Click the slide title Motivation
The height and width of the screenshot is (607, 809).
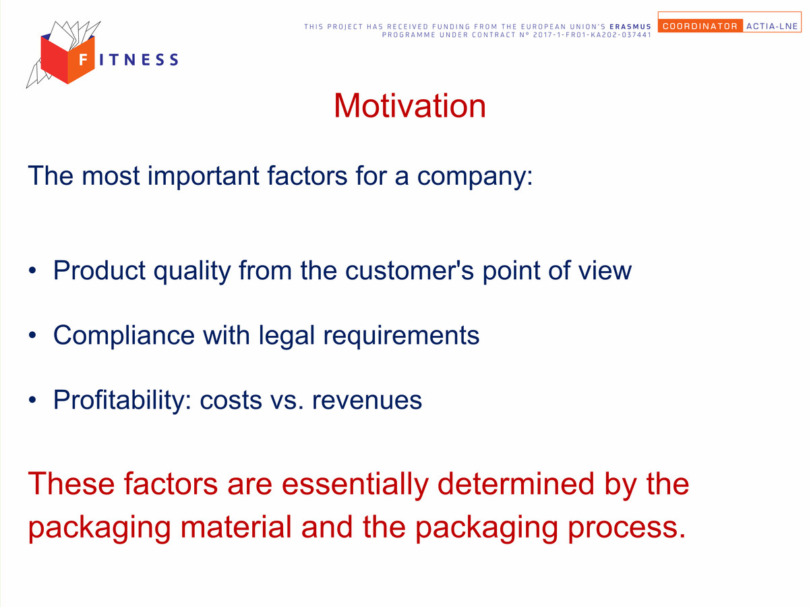tap(409, 106)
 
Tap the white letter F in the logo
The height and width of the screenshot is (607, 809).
tap(84, 59)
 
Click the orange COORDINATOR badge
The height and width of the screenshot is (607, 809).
tap(700, 26)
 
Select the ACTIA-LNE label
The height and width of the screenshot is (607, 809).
tap(772, 26)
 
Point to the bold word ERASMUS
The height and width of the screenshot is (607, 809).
tap(630, 27)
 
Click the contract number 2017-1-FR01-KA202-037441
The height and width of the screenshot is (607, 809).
tap(592, 35)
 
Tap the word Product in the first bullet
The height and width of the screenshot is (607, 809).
tap(99, 270)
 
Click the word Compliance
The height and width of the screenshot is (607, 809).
tap(124, 336)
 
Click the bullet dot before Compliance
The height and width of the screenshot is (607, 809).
tap(32, 335)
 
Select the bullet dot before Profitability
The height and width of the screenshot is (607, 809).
tap(32, 400)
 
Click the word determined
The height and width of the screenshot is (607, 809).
tap(516, 483)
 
